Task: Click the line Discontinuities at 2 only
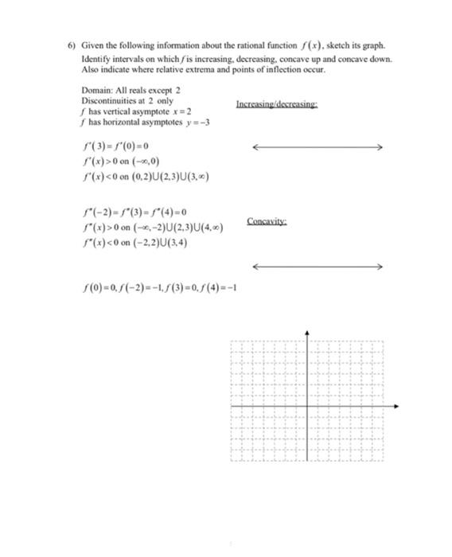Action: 127,102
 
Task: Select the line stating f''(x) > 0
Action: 152,228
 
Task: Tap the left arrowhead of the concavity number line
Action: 255,266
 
